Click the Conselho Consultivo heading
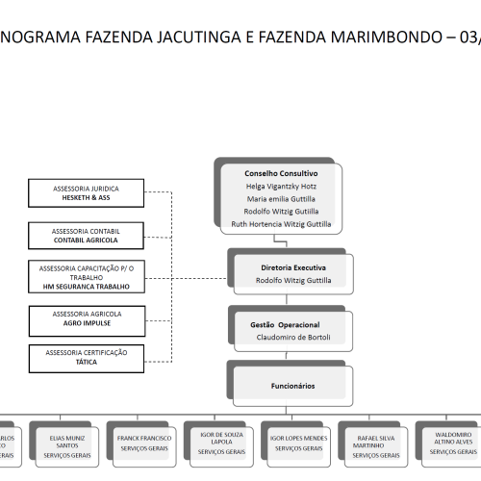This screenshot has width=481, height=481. point(281,173)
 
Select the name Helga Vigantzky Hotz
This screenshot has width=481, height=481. point(281,186)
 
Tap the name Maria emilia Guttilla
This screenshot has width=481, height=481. point(281,198)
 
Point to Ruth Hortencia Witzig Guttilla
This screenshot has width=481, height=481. point(281,223)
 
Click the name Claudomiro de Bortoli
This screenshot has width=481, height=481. point(293,338)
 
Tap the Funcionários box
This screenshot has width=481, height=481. point(292,385)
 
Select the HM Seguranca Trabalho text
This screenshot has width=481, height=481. point(87,287)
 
